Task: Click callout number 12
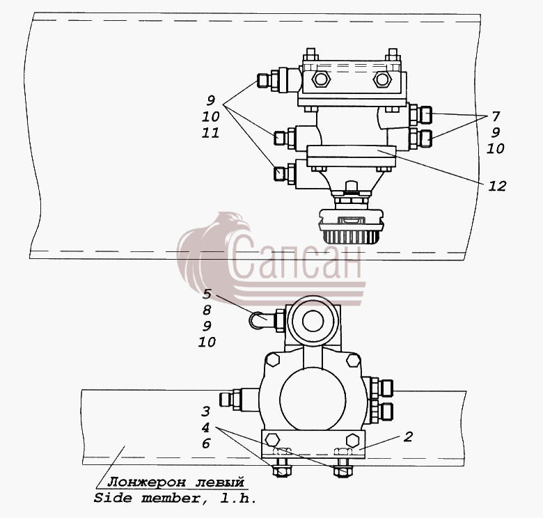pyautogui.click(x=497, y=187)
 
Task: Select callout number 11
pyautogui.click(x=210, y=133)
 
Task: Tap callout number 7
pyautogui.click(x=496, y=116)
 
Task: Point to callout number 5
pyautogui.click(x=207, y=294)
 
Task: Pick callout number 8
pyautogui.click(x=207, y=310)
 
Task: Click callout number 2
pyautogui.click(x=408, y=437)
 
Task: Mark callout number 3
pyautogui.click(x=205, y=411)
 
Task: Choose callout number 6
pyautogui.click(x=206, y=444)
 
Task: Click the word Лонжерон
pyautogui.click(x=146, y=482)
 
